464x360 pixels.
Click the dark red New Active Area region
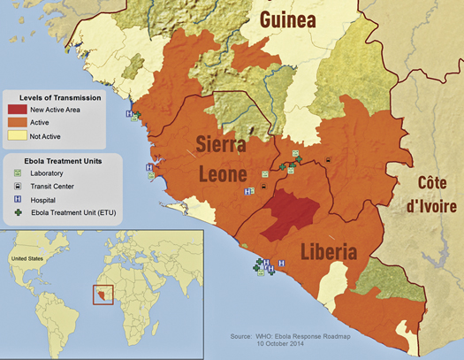(x=293, y=213)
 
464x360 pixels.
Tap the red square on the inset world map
(x=103, y=292)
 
